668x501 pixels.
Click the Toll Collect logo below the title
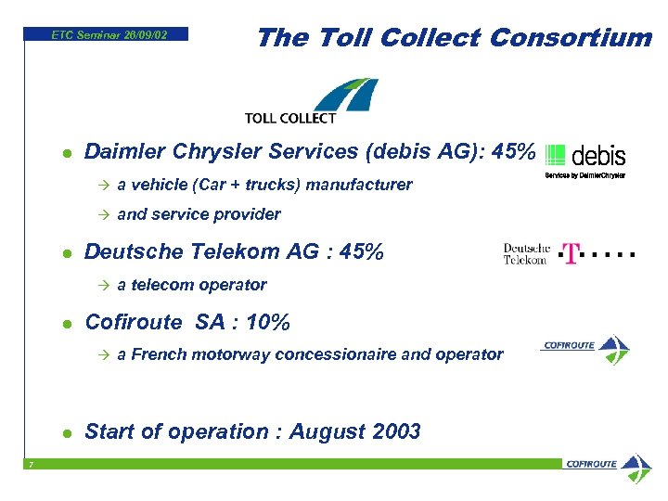(x=311, y=101)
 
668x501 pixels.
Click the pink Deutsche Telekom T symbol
(x=569, y=253)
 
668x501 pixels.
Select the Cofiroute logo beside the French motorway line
(x=585, y=349)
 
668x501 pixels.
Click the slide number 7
(x=30, y=465)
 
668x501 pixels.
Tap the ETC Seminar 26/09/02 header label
(x=109, y=34)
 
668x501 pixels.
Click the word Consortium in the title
(x=571, y=37)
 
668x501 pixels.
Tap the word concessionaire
(x=342, y=353)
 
